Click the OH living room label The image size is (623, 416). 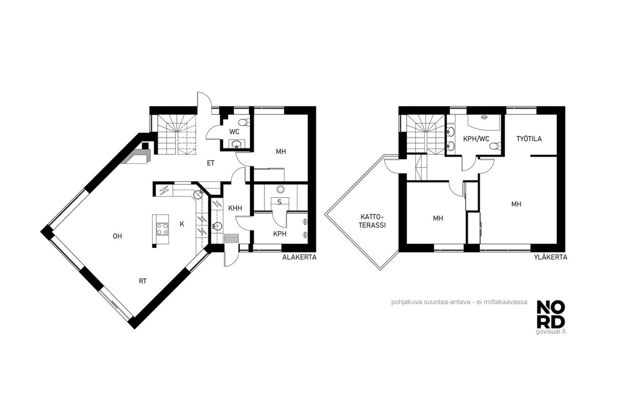tap(117, 237)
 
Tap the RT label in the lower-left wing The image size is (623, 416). tap(143, 281)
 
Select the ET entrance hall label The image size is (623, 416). tap(211, 163)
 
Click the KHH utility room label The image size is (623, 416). tap(235, 208)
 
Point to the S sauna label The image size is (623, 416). tap(280, 202)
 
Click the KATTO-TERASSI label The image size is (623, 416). tap(372, 221)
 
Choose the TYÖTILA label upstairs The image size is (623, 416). tap(529, 139)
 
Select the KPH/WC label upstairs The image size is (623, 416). tap(476, 139)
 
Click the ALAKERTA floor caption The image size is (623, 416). tap(300, 257)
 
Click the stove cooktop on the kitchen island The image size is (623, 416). tap(162, 229)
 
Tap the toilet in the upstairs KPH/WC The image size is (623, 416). tap(495, 146)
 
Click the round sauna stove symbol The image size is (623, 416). tap(280, 190)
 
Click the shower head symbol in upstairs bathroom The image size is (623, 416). tap(485, 117)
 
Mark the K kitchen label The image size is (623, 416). tap(182, 224)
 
